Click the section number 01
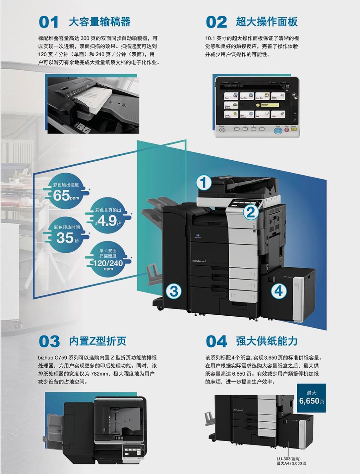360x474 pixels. (49, 22)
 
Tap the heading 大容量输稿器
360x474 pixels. (99, 22)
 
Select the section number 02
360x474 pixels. (216, 22)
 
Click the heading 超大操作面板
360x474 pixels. (267, 22)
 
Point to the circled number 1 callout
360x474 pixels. (204, 183)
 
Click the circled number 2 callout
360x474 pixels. (251, 212)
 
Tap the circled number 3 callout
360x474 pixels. (174, 291)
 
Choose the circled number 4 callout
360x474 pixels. (278, 291)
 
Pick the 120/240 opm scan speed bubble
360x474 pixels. (108, 260)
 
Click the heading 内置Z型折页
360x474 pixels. (97, 341)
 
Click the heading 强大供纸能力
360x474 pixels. (267, 341)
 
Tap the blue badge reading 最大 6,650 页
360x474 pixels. (311, 398)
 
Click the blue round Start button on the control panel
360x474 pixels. (278, 130)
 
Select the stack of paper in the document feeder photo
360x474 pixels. (96, 98)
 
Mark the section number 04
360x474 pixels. (216, 342)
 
